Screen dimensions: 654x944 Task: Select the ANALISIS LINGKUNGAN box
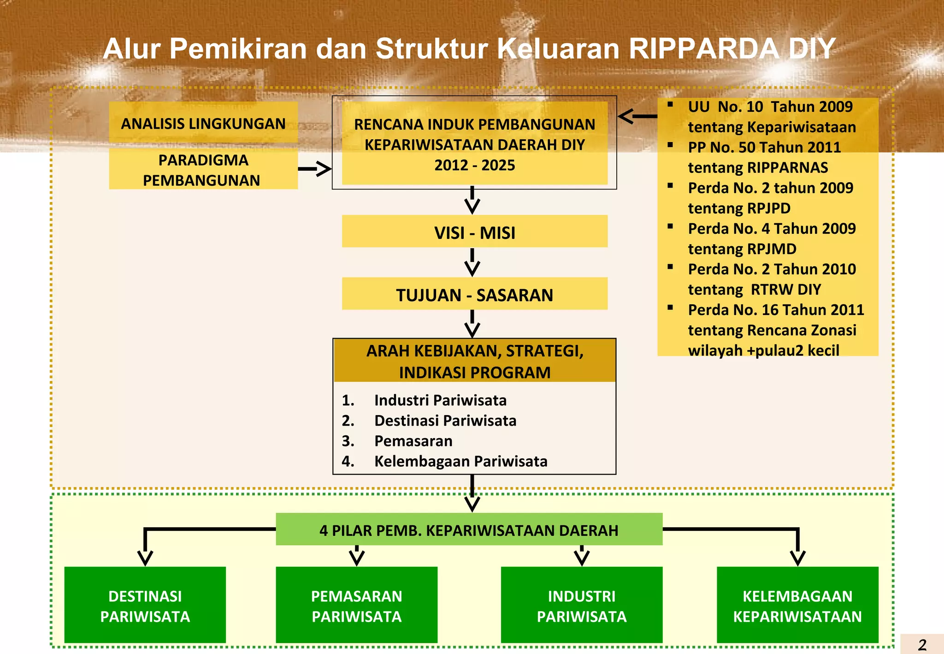coord(203,123)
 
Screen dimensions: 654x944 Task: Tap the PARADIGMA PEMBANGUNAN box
coord(203,170)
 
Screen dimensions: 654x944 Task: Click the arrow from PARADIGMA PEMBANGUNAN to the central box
coord(315,169)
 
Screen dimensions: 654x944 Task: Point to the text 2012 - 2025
coord(474,165)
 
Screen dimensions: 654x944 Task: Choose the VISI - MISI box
coord(474,232)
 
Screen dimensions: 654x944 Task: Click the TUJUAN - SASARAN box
coord(474,294)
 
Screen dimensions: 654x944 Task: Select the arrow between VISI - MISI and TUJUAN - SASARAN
coord(472,262)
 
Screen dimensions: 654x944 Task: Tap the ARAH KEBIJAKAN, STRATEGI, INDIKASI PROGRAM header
coord(474,361)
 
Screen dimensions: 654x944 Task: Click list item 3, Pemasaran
coord(413,441)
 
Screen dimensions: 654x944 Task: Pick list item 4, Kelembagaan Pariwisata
coord(460,461)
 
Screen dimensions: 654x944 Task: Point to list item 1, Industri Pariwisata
coord(440,400)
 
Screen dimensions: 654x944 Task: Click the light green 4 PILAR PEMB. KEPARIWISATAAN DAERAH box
coord(469,530)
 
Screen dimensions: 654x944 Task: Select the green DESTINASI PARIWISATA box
coord(145,605)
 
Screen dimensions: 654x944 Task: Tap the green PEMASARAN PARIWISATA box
coord(356,605)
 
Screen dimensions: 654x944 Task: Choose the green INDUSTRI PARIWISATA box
coord(581,605)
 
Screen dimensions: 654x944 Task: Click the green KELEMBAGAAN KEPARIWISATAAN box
coord(797,605)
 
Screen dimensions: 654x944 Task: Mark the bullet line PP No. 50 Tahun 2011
coord(764,148)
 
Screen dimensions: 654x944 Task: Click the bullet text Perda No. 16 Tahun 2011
coord(776,310)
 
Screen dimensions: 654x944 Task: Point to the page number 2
coord(922,644)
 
